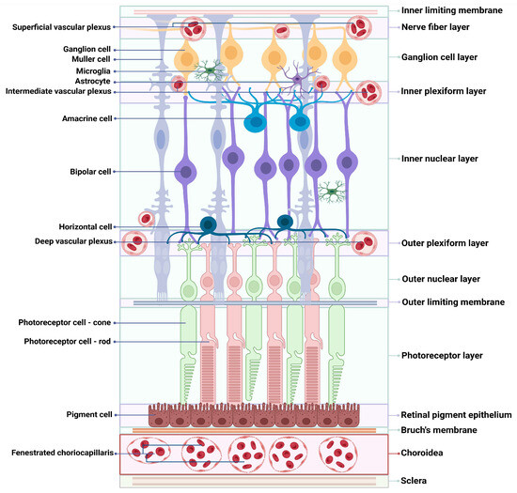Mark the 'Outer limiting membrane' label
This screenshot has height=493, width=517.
pos(453,302)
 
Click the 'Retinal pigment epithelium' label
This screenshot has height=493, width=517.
pos(456,414)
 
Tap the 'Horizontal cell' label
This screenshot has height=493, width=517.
pos(86,226)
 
